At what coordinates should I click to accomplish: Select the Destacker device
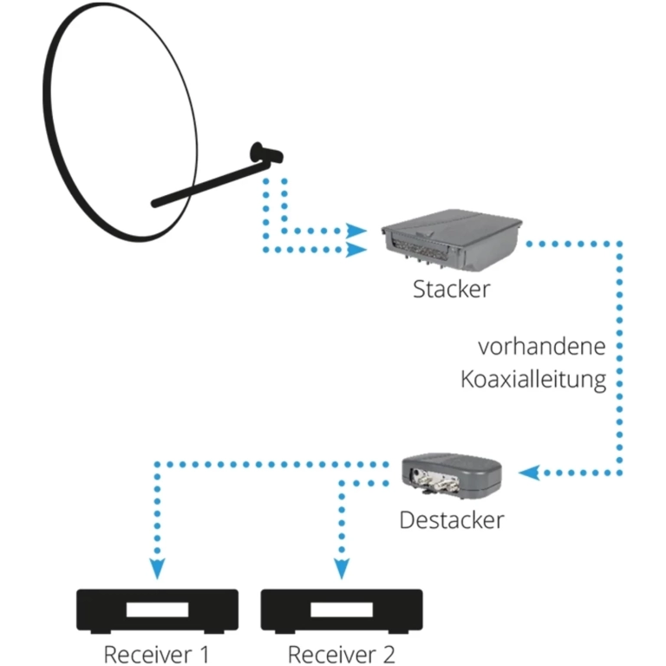coord(452,475)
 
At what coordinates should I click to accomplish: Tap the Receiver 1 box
coord(158,610)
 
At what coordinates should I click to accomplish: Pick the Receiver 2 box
coord(342,610)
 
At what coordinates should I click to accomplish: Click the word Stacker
coord(450,289)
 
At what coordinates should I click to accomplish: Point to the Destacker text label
coord(451,520)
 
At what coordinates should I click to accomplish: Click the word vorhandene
coord(541,347)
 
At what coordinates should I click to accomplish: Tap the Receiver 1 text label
coord(157,652)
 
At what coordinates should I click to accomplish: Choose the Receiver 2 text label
coord(341,652)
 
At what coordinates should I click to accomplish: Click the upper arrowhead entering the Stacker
coord(356,232)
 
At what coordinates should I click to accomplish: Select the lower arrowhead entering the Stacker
coord(356,251)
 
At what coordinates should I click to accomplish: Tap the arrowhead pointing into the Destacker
coord(528,473)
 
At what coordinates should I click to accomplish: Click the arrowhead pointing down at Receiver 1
coord(157,569)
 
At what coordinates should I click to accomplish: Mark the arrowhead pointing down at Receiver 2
coord(343,569)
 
